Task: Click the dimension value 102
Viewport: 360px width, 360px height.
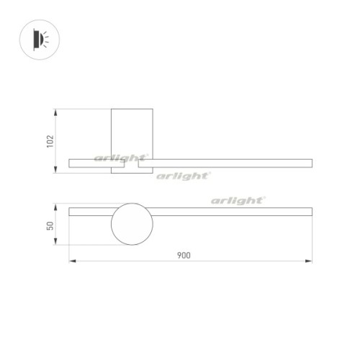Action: tap(50, 141)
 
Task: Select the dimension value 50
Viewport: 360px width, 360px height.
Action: tap(50, 225)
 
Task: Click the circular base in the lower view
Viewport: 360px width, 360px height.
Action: tap(132, 224)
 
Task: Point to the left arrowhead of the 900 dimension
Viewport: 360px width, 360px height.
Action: tap(71, 261)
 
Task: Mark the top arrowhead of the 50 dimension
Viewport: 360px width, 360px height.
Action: tap(57, 205)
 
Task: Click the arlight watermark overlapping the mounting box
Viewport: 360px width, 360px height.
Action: tap(121, 158)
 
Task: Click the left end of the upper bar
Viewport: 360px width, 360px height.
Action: tap(70, 163)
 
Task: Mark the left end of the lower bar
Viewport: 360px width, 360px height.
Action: tap(70, 212)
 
